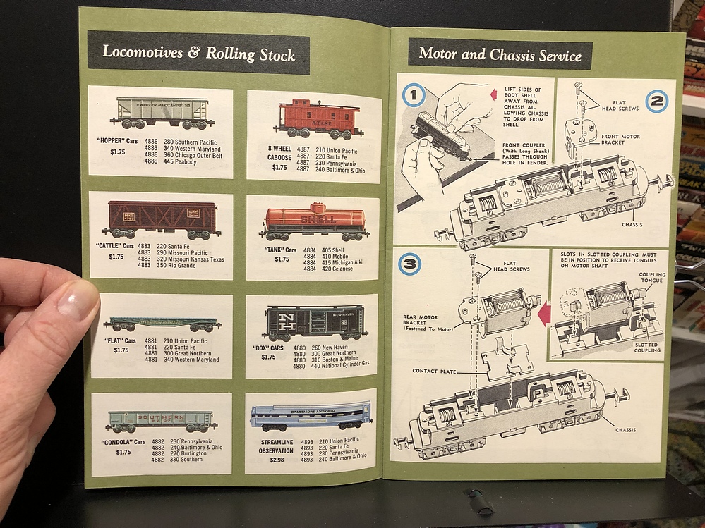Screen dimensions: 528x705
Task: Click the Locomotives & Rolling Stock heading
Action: (198, 53)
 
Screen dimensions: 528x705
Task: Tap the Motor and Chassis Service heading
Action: (500, 54)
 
